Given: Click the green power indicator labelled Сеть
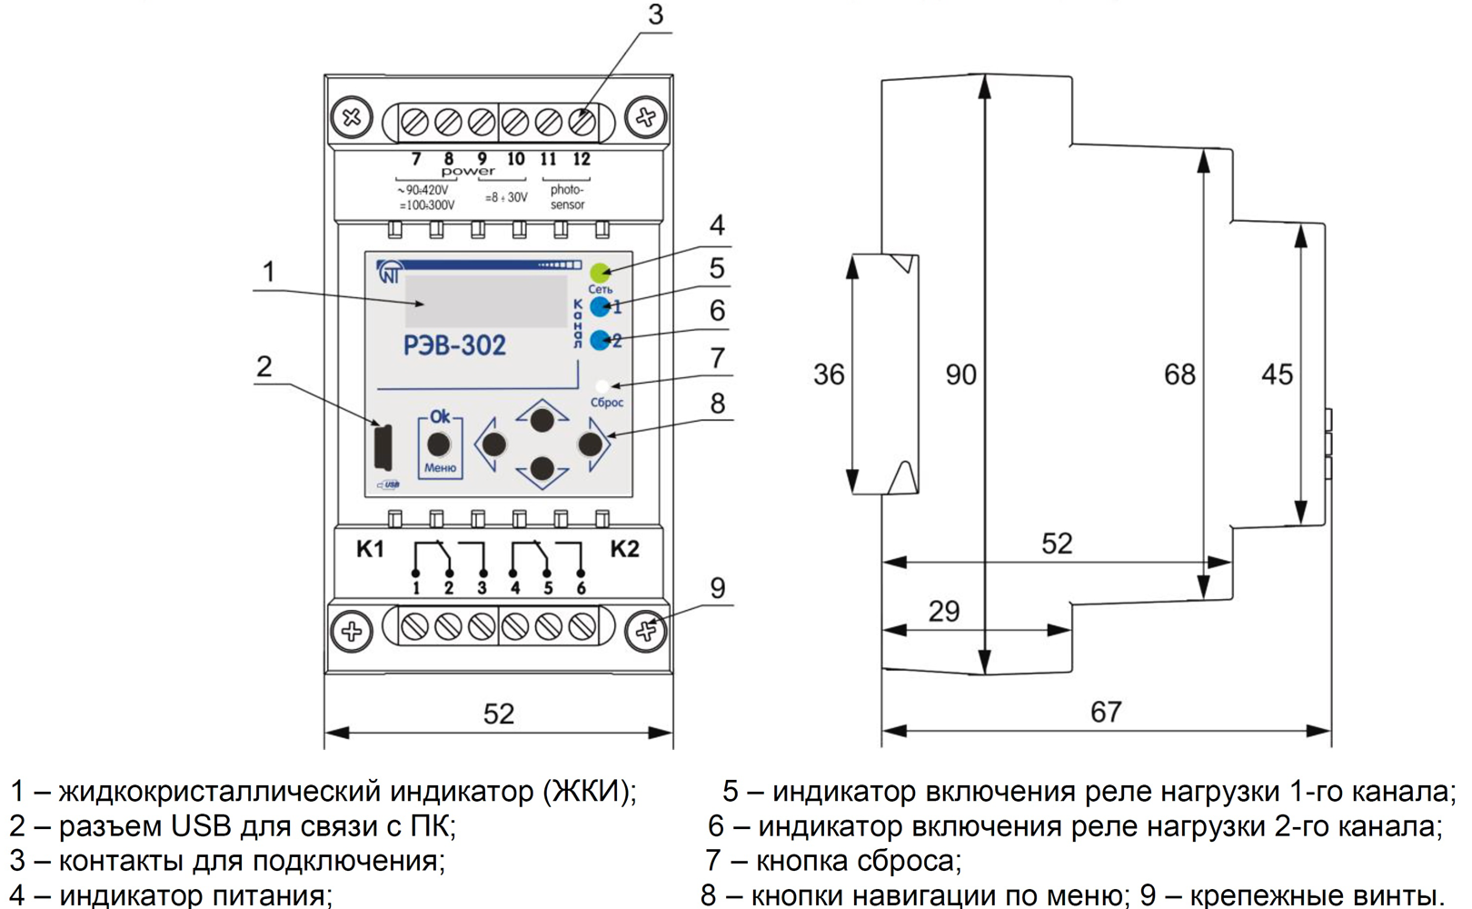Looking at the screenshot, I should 600,272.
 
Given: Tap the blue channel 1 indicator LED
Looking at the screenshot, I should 600,306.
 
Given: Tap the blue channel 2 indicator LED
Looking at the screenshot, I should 600,341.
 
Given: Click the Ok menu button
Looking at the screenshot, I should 440,445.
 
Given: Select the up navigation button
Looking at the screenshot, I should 542,420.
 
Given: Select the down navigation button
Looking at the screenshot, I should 542,468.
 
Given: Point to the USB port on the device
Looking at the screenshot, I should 383,446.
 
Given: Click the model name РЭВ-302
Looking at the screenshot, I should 454,345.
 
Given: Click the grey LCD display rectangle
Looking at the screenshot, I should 486,301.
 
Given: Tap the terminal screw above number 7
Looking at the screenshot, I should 415,121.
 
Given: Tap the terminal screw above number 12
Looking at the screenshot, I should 582,121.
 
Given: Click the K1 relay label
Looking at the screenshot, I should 370,549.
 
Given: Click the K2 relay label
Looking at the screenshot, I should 624,549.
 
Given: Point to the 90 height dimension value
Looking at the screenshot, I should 960,375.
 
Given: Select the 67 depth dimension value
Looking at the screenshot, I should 1106,712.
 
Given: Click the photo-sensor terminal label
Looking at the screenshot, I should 567,197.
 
